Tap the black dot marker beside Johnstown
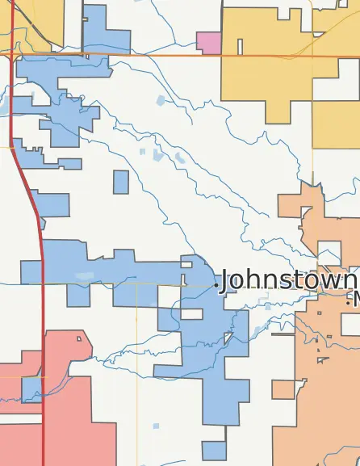point(217,283)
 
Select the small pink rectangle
point(208,43)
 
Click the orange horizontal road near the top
point(161,55)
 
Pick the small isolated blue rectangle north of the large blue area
point(121,182)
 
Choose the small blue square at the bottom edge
point(213,450)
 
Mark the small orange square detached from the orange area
point(283,389)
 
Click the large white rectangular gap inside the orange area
point(329,252)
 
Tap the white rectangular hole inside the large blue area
point(192,313)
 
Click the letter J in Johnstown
point(226,279)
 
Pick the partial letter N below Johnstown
point(356,298)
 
